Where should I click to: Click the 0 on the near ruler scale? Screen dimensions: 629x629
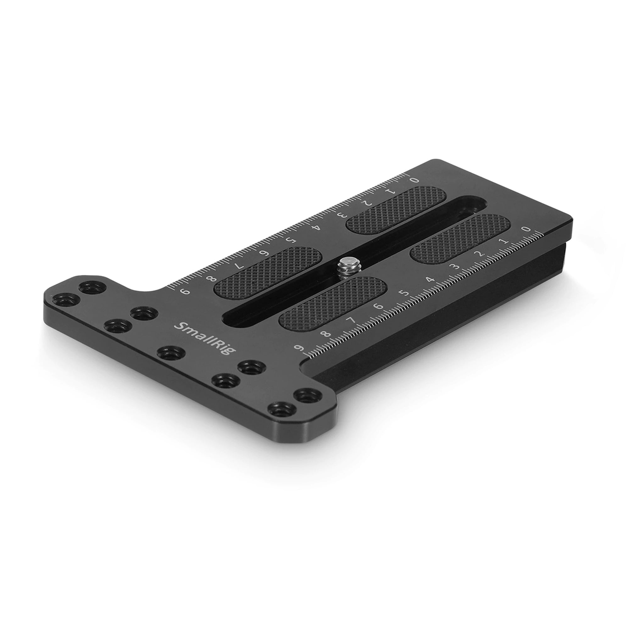[x=527, y=229]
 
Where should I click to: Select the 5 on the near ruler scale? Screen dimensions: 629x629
[x=404, y=293]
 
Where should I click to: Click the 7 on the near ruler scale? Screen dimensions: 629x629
[x=352, y=320]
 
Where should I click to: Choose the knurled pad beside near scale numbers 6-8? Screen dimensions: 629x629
[x=332, y=303]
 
